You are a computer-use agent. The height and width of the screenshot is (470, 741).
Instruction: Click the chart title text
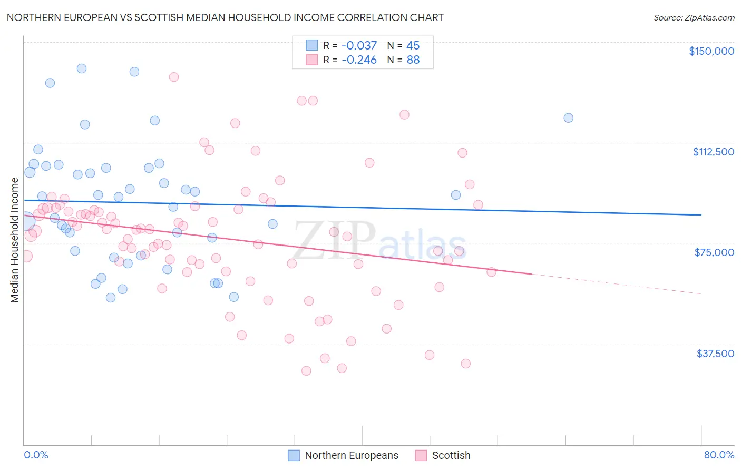click(x=225, y=17)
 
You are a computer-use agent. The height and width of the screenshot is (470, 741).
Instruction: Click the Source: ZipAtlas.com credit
click(x=694, y=17)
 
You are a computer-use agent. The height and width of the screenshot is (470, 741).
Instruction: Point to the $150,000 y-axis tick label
click(x=711, y=51)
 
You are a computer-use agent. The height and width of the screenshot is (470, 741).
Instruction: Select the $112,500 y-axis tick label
click(x=713, y=152)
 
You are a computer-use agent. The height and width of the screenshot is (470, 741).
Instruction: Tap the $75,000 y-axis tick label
click(x=714, y=252)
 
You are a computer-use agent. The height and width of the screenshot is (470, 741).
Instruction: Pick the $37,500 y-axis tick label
click(x=715, y=354)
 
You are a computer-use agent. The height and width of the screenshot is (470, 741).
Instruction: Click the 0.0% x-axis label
click(x=36, y=455)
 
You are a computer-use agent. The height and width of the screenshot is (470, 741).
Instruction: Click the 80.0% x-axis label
click(x=719, y=455)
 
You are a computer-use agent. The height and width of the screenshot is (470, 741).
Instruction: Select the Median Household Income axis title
click(x=15, y=240)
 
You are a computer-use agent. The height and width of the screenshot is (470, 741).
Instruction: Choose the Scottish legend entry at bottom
click(x=451, y=455)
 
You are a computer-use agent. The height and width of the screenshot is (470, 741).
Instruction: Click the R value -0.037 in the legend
click(x=359, y=46)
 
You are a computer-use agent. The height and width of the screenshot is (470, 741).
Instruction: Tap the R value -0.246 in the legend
click(x=359, y=60)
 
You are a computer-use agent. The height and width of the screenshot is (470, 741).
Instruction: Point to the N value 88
click(x=413, y=60)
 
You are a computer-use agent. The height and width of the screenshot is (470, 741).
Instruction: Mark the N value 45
click(x=413, y=46)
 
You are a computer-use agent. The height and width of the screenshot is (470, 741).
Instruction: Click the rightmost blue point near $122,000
click(x=568, y=118)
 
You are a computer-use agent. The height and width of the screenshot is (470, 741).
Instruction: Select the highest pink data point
click(x=173, y=77)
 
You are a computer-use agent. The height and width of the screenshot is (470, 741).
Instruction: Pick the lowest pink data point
click(x=306, y=371)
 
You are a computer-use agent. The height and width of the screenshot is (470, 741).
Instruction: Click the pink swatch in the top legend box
click(x=312, y=60)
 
